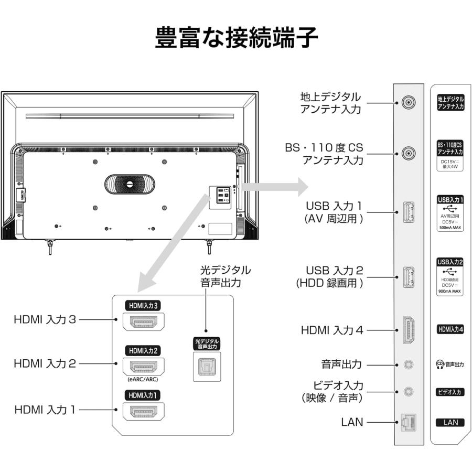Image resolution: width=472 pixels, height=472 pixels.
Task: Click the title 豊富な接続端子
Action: coord(236,37)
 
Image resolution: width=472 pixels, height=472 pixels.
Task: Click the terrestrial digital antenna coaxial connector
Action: coord(409,102)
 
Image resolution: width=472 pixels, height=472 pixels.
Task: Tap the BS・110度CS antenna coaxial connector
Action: coord(409,154)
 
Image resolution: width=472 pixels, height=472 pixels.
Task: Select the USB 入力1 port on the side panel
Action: coord(409,212)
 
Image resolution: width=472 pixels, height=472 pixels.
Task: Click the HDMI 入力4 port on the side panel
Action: coord(409,330)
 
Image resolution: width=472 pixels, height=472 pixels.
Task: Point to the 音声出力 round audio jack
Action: coord(409,364)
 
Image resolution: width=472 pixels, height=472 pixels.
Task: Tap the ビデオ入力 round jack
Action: coord(409,391)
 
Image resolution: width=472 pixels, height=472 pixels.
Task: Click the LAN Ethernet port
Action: coord(408,422)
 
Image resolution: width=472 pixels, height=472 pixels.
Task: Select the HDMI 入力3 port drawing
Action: coord(143,321)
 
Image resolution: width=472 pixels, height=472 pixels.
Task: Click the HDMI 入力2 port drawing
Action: coord(143,366)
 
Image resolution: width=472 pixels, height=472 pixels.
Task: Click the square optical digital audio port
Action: coord(207,367)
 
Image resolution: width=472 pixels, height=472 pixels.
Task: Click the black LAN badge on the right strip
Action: coord(450,422)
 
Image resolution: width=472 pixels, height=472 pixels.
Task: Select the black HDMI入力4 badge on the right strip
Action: coord(450,329)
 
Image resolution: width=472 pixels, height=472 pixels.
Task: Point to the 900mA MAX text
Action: coord(450,291)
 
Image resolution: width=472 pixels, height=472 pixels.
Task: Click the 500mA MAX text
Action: coord(450,228)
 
